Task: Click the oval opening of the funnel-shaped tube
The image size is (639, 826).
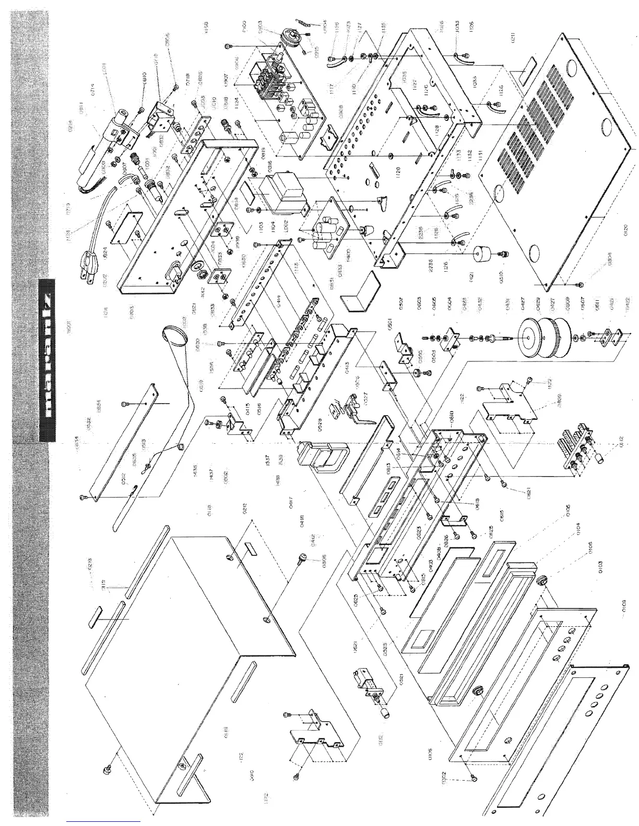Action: point(174,334)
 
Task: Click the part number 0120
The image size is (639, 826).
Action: point(625,229)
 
